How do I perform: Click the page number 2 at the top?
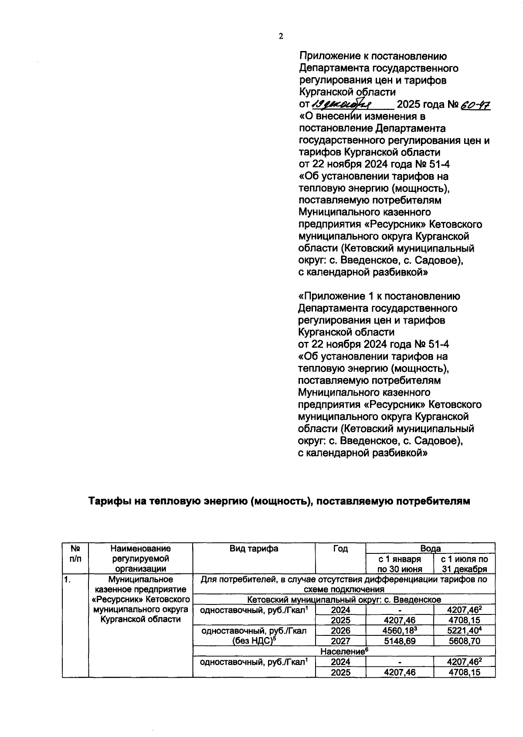[x=281, y=37]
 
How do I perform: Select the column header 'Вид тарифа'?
[x=254, y=549]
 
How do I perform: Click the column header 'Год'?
[x=340, y=549]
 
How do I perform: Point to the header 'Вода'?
[x=430, y=548]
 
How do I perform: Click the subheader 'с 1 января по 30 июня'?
[x=400, y=564]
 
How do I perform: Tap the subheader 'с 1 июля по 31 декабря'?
[x=464, y=564]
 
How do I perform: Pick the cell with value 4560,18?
[x=400, y=631]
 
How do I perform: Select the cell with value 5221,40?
[x=464, y=631]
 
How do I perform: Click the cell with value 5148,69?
[x=400, y=641]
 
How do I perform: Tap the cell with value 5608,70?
[x=464, y=641]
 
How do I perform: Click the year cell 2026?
[x=340, y=631]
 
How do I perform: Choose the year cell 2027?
[x=340, y=641]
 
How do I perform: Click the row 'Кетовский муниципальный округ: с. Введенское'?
[x=343, y=599]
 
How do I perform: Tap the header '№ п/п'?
[x=75, y=554]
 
